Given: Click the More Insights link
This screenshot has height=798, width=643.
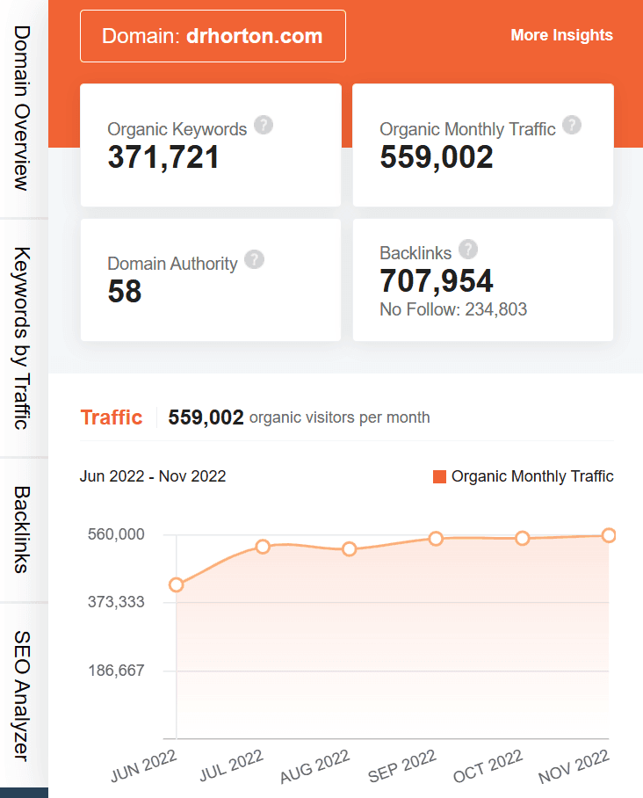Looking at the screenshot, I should coord(561,35).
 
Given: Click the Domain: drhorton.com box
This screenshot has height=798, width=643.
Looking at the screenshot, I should coord(213,36).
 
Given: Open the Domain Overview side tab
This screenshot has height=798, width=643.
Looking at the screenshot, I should coord(23,107).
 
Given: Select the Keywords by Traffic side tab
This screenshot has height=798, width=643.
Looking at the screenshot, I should coord(23,337).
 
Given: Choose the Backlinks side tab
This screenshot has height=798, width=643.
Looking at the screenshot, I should coord(23,529).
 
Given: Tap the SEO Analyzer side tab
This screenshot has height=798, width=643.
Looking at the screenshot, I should coord(23,695).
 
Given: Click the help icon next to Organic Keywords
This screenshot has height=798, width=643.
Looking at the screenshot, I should coord(264,125).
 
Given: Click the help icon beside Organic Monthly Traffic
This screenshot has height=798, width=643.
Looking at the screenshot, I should coord(572,125).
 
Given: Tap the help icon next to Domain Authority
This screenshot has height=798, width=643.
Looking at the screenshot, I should coord(254,259).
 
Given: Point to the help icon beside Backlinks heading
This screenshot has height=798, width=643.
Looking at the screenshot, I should coord(468,249).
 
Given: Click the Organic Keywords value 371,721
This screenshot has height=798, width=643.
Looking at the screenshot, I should coord(163,156).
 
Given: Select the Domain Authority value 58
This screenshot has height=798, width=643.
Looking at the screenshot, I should coord(125,291).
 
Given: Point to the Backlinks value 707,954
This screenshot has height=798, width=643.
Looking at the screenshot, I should coord(437,280).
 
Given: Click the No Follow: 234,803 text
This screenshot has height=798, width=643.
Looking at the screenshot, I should coord(452,309).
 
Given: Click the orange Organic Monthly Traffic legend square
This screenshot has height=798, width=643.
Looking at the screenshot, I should coord(440,476).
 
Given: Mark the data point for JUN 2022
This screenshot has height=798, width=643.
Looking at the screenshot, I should coord(177,584).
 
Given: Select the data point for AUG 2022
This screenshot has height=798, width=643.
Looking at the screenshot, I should coord(350,549).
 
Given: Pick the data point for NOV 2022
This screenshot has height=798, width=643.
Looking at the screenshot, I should coord(608,535).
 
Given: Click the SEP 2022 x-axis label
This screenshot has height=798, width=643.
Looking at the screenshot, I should coord(403,766).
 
